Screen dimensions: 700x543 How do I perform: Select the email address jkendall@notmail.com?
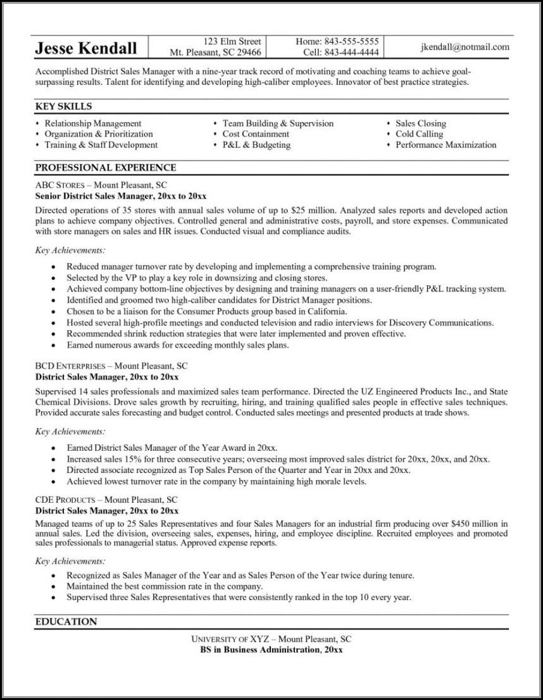(x=465, y=47)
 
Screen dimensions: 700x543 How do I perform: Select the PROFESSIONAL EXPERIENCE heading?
(x=105, y=168)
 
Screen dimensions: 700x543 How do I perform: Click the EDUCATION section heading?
(x=66, y=622)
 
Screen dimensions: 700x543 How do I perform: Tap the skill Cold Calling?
(x=419, y=134)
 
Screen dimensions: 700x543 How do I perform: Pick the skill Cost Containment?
(x=256, y=134)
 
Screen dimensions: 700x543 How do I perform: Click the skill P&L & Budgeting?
(x=256, y=145)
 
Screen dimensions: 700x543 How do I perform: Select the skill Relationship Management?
(x=92, y=123)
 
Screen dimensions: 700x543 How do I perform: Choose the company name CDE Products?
(x=65, y=500)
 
